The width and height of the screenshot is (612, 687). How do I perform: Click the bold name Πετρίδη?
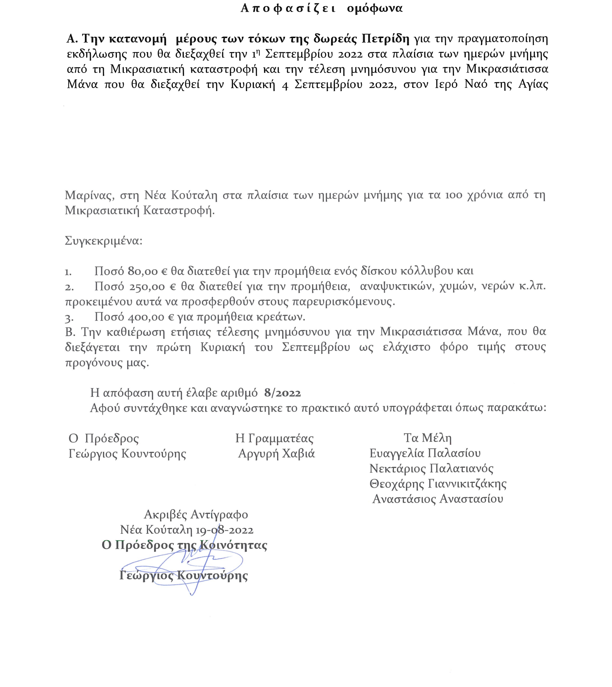point(385,39)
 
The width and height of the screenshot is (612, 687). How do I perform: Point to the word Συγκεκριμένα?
point(104,241)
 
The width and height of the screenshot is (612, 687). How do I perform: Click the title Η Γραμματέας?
point(274,438)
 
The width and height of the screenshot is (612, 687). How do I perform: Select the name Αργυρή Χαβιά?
point(277,454)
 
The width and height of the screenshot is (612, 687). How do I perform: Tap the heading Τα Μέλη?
point(427,438)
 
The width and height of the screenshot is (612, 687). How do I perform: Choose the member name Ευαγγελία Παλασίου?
point(425,453)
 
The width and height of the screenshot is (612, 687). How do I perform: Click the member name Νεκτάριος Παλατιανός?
point(432,469)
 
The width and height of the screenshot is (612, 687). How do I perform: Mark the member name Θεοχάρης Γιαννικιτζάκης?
point(438,484)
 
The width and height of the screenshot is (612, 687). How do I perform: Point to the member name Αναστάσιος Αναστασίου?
point(438,499)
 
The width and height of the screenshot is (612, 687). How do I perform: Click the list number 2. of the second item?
point(69,287)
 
